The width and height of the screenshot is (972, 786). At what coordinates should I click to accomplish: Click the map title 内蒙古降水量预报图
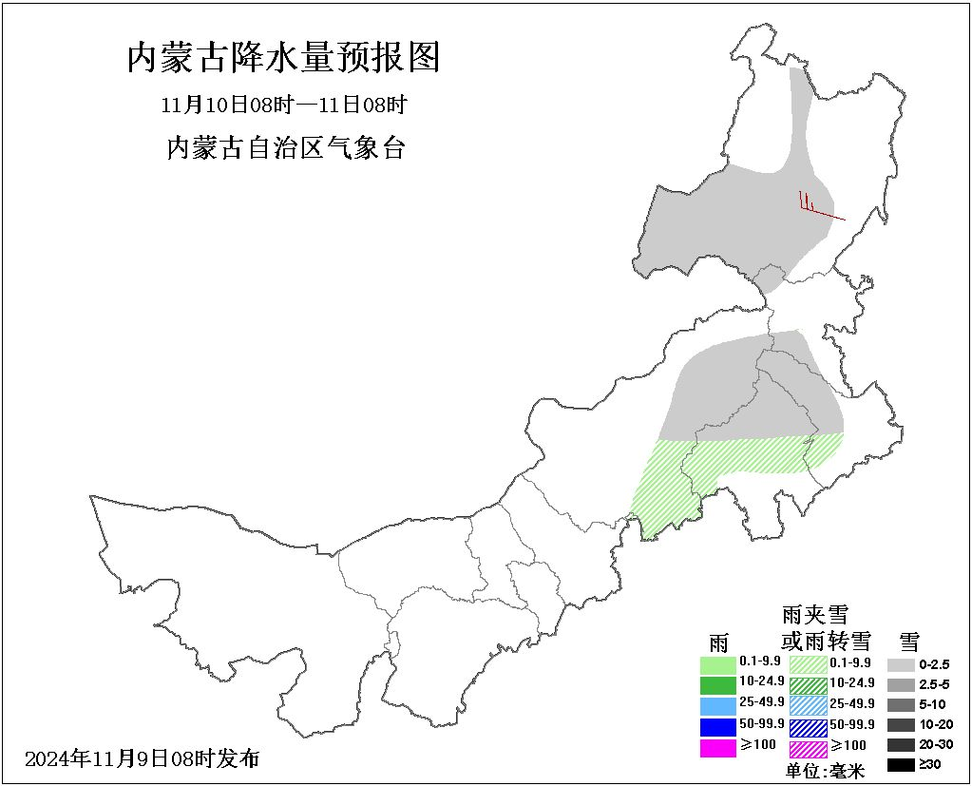(284, 59)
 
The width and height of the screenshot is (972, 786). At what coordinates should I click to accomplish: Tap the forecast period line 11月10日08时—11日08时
(284, 104)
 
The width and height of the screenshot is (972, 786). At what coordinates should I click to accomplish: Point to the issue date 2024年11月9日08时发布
(142, 758)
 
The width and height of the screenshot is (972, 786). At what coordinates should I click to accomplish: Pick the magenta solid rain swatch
(718, 748)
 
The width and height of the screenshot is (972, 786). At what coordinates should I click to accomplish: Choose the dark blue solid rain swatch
(718, 727)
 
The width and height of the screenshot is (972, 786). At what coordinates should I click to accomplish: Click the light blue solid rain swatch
(718, 705)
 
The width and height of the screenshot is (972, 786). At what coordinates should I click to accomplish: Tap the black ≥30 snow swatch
(901, 764)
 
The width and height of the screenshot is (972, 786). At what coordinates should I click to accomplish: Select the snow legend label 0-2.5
(935, 665)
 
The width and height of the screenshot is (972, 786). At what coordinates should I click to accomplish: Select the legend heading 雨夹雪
(814, 615)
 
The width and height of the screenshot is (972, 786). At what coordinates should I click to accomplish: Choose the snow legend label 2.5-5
(935, 685)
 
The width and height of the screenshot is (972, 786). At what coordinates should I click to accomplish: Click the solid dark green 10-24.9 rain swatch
(718, 684)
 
